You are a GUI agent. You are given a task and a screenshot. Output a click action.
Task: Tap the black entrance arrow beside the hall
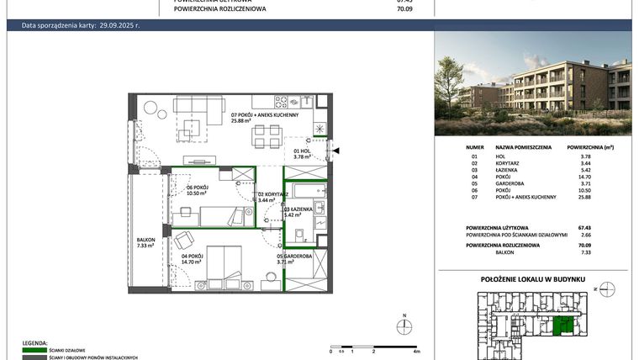pyautogui.click(x=336, y=151)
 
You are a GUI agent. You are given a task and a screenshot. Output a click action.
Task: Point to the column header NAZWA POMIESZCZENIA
pyautogui.click(x=523, y=147)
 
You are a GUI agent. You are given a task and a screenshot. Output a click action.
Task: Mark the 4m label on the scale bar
pyautogui.click(x=417, y=353)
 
